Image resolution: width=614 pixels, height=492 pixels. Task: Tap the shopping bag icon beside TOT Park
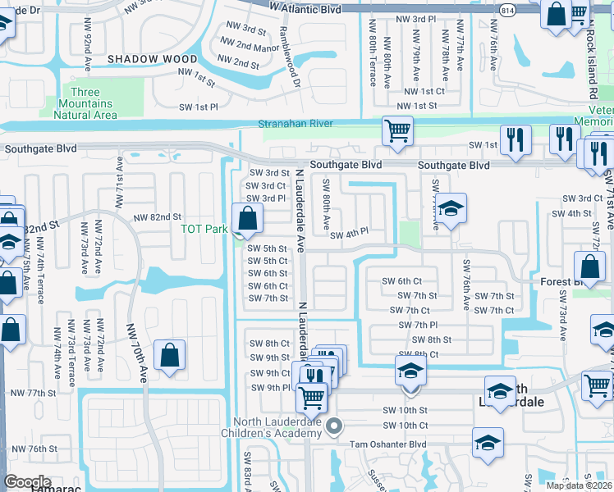click(x=247, y=219)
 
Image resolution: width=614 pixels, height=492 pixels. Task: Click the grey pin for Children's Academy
click(x=333, y=426)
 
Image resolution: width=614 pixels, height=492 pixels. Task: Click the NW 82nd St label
click(x=157, y=216)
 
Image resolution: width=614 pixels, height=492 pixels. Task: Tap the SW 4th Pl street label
click(x=350, y=235)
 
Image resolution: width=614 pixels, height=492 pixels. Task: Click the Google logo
click(x=27, y=482)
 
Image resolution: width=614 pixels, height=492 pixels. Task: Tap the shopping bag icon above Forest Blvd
click(x=590, y=266)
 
